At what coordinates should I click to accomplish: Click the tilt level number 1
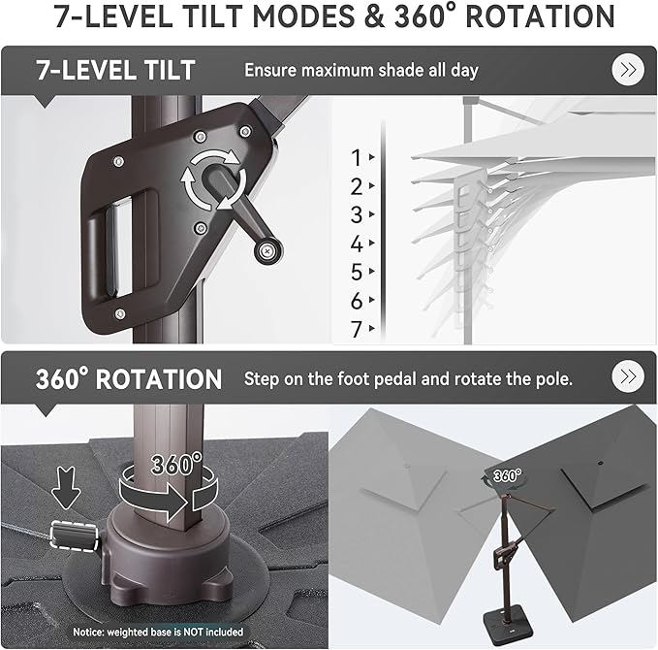(x=357, y=158)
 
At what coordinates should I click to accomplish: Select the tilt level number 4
(x=357, y=244)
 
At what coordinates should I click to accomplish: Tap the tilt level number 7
(x=357, y=329)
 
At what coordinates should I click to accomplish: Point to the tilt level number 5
(x=357, y=272)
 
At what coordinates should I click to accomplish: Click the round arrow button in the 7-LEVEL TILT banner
(x=628, y=70)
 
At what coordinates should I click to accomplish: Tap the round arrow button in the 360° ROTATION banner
(x=628, y=376)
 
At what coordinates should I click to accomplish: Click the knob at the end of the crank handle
(x=267, y=251)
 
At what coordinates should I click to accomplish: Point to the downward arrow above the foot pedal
(x=66, y=488)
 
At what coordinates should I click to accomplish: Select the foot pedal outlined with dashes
(x=75, y=535)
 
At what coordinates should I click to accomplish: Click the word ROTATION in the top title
(x=540, y=16)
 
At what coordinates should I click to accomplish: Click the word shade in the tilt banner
(x=401, y=70)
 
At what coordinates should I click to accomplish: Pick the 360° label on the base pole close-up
(x=176, y=464)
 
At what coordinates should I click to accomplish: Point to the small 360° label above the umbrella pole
(x=507, y=475)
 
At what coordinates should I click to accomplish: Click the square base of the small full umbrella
(x=508, y=620)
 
